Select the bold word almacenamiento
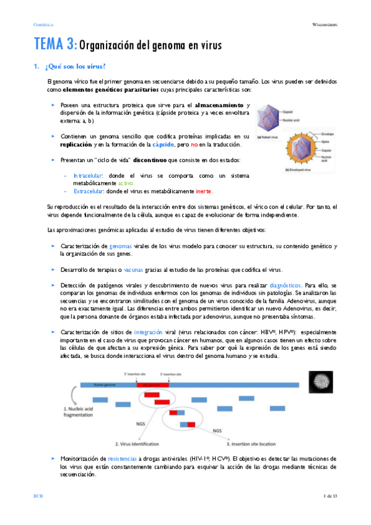coord(214,105)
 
